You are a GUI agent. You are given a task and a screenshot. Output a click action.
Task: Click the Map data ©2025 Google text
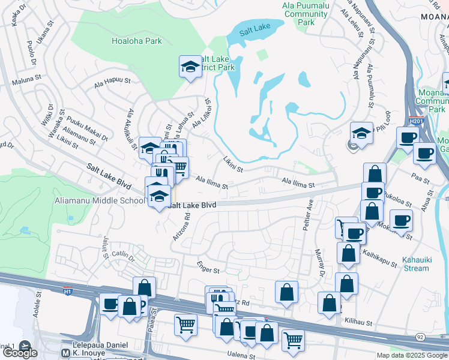click(x=411, y=355)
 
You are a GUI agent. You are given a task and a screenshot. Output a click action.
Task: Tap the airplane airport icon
click(x=25, y=346)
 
